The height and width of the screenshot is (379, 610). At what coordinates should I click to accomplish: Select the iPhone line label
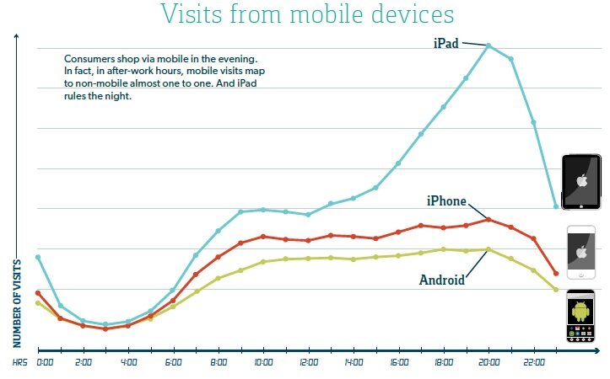[445, 200]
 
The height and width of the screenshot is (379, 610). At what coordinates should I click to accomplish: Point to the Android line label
[441, 280]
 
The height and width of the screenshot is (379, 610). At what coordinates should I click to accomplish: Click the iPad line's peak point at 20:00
[489, 45]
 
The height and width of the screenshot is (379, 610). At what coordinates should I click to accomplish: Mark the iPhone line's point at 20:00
[489, 219]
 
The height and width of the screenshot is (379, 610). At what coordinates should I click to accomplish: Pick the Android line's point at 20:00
[489, 249]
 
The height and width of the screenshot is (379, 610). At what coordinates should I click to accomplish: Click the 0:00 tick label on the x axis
[45, 363]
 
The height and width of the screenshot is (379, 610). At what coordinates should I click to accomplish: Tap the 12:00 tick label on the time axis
[308, 363]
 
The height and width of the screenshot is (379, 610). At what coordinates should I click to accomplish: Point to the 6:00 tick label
[174, 363]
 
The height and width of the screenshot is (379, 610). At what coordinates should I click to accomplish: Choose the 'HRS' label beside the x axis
[19, 363]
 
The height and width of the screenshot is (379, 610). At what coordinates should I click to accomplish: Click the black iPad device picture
[580, 182]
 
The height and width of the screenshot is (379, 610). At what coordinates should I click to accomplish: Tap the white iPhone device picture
[580, 252]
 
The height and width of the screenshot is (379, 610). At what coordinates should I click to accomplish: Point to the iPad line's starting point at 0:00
[38, 257]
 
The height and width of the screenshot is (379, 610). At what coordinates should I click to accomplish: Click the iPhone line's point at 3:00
[105, 329]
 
